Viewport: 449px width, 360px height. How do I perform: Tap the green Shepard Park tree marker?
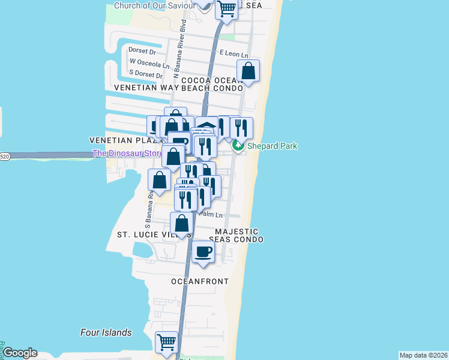tap(238, 146)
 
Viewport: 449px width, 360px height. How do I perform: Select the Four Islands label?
tap(106, 332)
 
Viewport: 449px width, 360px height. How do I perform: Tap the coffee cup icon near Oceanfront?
tap(203, 252)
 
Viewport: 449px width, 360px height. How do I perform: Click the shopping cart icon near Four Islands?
tap(167, 343)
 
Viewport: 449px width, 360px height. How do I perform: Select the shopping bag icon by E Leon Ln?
tap(249, 71)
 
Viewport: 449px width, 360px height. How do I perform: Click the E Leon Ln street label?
tap(234, 53)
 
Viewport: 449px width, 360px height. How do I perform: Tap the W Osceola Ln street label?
tap(146, 62)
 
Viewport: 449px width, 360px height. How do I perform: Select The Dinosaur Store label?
tap(127, 154)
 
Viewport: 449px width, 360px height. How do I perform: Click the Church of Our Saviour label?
tap(155, 5)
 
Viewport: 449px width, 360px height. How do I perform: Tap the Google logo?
tap(20, 353)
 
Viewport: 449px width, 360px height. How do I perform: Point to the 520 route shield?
tap(5, 157)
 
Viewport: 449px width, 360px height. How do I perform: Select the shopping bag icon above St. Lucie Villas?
tap(181, 224)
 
